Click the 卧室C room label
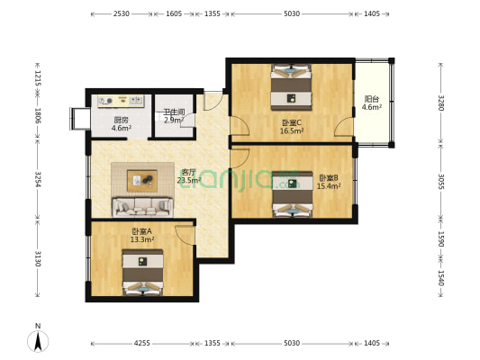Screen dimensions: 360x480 pyautogui.click(x=292, y=122)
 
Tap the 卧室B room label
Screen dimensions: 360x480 pyautogui.click(x=328, y=178)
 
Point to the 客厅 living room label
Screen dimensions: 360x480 pyautogui.click(x=188, y=172)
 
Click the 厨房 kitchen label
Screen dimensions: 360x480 pyautogui.click(x=121, y=121)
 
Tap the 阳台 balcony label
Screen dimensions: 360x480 pyautogui.click(x=371, y=99)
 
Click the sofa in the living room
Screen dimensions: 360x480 pyautogui.click(x=142, y=207)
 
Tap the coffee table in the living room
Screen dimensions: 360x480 pyautogui.click(x=141, y=180)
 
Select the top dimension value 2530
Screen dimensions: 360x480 pyautogui.click(x=122, y=14)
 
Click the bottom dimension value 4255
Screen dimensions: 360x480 pyautogui.click(x=142, y=344)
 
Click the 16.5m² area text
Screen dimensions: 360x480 pyautogui.click(x=292, y=130)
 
